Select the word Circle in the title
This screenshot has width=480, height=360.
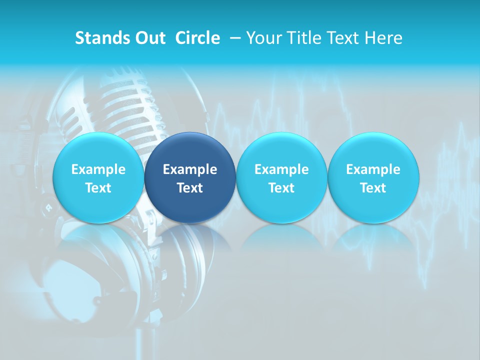click(197, 38)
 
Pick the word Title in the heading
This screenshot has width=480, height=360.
click(305, 38)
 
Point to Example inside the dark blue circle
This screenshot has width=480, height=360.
click(190, 169)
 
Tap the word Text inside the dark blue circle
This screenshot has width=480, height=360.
click(190, 188)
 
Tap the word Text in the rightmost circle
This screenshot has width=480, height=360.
click(373, 188)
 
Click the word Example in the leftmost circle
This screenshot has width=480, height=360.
click(98, 169)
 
